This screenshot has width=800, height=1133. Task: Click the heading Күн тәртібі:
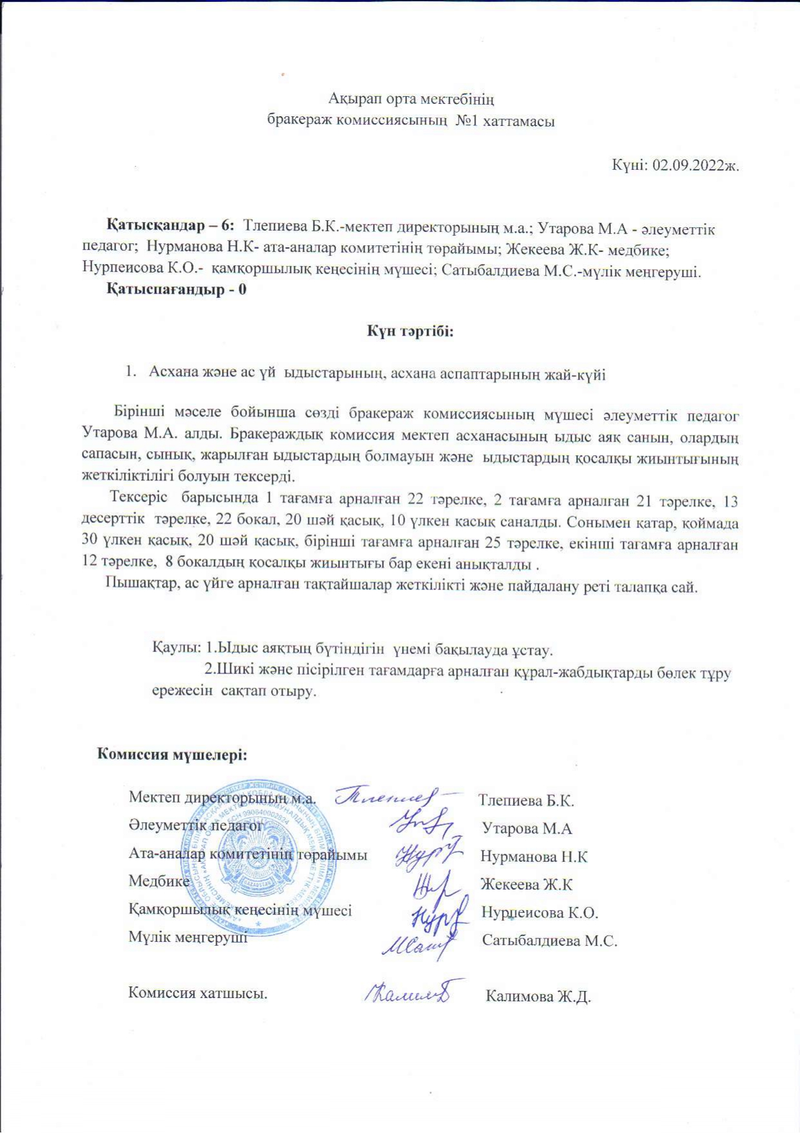point(411,331)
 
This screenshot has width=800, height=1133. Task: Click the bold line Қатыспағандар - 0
point(176,289)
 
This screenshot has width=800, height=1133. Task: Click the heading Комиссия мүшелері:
point(172,753)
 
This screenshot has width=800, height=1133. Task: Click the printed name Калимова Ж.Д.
point(538,996)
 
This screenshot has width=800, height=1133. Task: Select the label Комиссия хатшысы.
point(198,992)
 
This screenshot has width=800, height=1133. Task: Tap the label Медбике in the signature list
point(159,881)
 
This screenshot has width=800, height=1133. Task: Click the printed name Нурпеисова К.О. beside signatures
point(540,912)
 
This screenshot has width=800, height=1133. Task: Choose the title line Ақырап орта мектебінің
point(411,99)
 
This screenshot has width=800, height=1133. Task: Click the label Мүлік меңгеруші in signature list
point(188,937)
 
